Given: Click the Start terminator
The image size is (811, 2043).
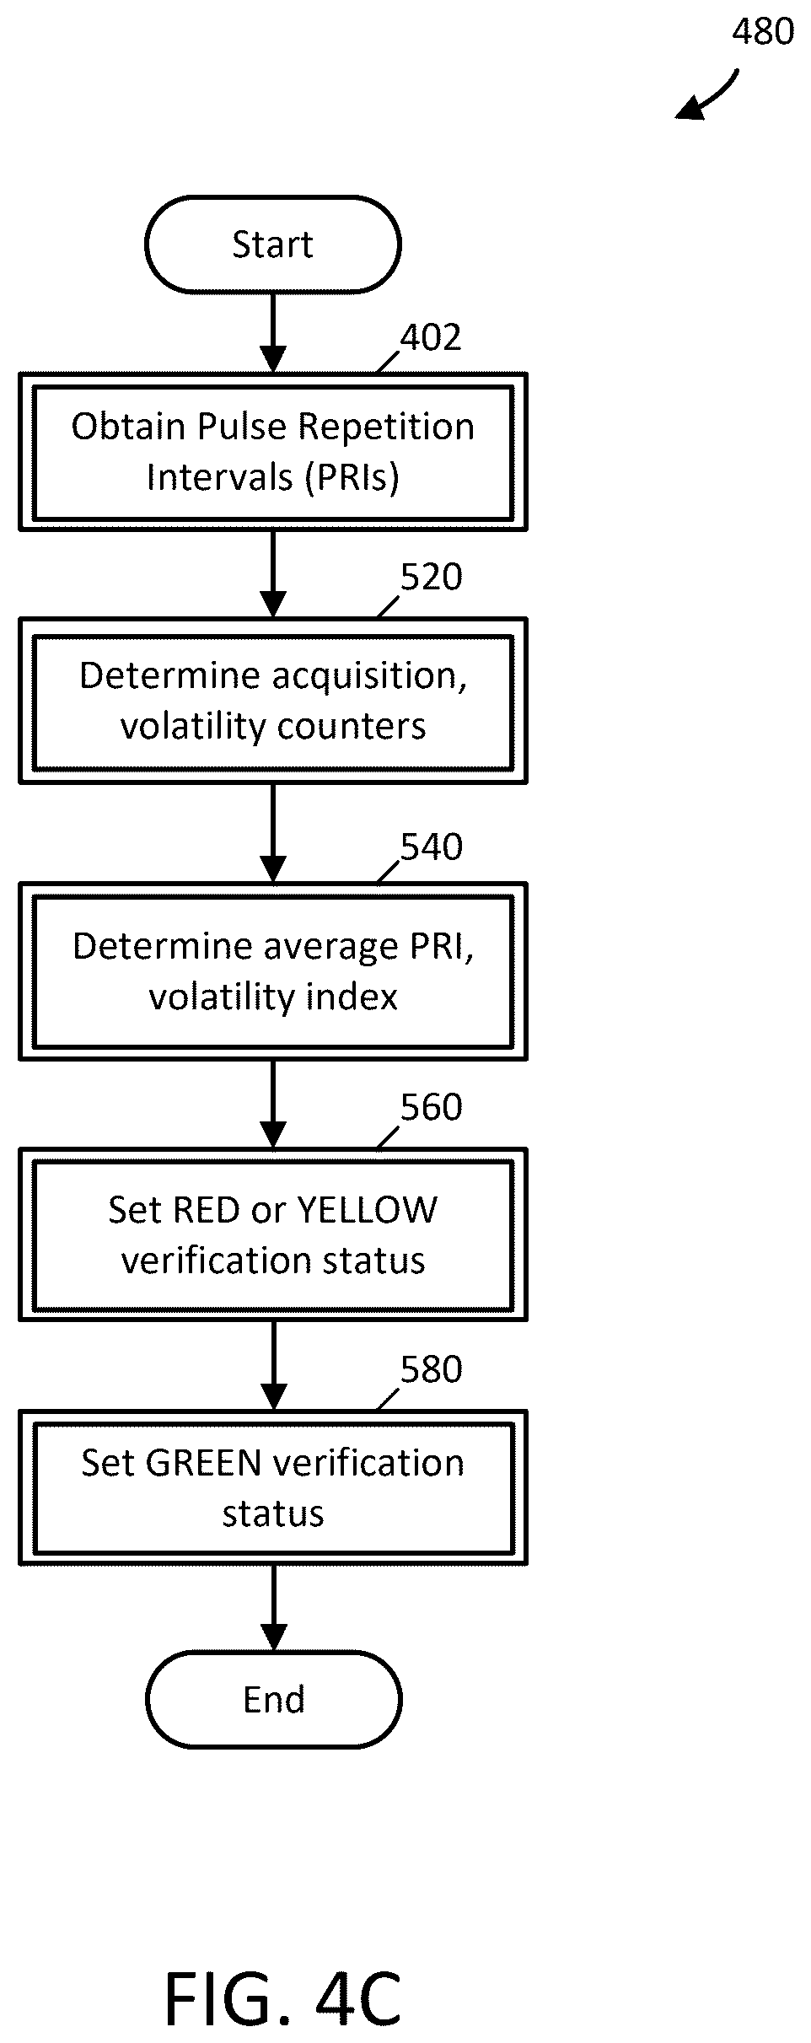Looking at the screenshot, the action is (x=272, y=245).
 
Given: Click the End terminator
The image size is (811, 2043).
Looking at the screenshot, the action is (x=273, y=1699).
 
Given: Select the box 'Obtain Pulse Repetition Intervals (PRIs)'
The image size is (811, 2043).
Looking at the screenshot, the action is (x=273, y=452).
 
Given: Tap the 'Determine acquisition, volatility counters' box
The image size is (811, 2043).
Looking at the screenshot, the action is (x=273, y=701).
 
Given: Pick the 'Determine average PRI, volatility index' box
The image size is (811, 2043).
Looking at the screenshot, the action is (x=273, y=971).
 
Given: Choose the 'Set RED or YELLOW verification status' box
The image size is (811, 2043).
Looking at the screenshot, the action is (x=273, y=1234).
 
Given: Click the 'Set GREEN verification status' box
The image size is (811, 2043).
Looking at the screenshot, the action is (x=273, y=1488).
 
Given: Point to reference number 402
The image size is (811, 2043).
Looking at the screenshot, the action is (x=431, y=337).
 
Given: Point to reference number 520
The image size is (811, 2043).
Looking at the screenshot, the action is (x=431, y=578).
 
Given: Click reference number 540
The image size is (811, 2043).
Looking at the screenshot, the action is (x=431, y=847).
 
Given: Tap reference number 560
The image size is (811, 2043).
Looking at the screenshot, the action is (x=431, y=1107).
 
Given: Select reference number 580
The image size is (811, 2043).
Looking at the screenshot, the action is (x=431, y=1369).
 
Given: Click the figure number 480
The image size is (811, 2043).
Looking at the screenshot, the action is (x=762, y=32).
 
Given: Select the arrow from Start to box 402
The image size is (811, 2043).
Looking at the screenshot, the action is (x=272, y=332).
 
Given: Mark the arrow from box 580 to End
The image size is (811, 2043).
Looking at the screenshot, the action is (x=273, y=1608).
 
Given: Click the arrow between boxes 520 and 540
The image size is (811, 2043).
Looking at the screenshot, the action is (x=273, y=833).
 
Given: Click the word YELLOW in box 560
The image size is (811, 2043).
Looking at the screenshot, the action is (x=368, y=1210).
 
